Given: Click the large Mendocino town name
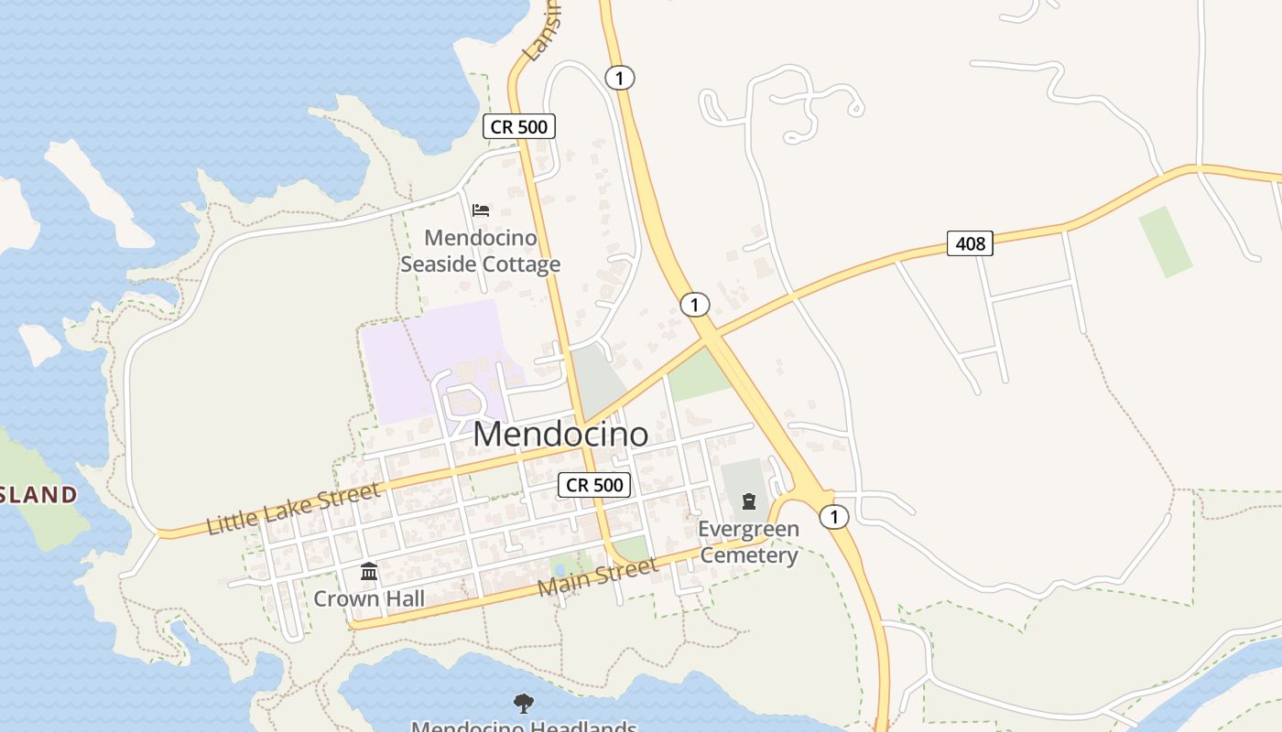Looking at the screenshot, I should coord(560,434).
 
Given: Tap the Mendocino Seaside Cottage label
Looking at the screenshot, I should coord(481,252).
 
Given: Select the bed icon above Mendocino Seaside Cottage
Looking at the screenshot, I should coord(481,210).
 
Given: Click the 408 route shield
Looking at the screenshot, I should coord(970,243).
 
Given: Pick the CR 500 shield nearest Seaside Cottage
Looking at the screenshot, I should coord(519,126).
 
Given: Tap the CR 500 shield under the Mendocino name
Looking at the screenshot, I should coord(594,485).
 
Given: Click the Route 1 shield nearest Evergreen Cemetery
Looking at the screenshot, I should coord(833,517).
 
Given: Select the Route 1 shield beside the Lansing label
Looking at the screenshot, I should coord(620,78).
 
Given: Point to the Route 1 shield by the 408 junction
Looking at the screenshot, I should coord(695,304).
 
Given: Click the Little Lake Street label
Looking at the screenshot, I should coord(292,510).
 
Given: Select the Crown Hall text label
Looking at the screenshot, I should coord(369,598).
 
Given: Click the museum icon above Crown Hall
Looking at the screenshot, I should coord(369,572).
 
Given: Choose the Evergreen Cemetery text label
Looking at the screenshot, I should coord(748,542).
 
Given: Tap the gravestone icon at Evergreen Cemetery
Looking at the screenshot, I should coord(749,501).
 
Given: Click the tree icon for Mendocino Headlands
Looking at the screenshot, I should coord(524,703).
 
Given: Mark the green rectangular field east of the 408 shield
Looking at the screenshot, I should coord(1166,242).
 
